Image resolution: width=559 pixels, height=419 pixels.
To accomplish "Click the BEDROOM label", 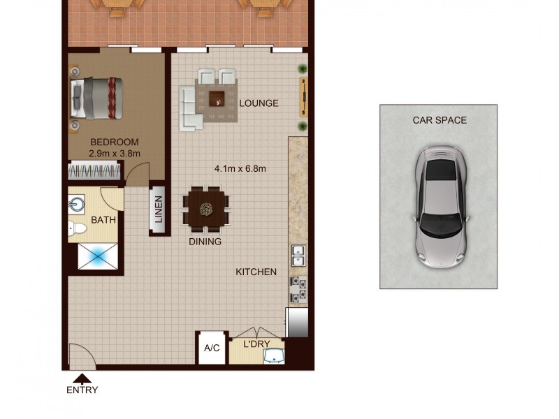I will (115, 142).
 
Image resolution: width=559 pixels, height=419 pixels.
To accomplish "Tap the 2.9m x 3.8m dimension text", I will (115, 153).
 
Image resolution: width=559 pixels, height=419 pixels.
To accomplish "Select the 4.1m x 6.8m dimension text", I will (240, 168).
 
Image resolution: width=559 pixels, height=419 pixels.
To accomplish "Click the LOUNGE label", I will (259, 103).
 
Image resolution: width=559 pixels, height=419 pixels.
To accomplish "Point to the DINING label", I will (205, 242).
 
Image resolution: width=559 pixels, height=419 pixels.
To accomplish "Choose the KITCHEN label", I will (256, 272).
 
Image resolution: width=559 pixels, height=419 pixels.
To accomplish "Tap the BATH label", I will (103, 220).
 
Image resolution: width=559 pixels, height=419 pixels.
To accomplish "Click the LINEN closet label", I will (158, 210).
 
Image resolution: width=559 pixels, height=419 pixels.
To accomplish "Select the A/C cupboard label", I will (212, 348).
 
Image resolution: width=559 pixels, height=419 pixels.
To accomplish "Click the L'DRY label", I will (256, 344).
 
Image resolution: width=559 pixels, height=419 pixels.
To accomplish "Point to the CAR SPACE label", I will (440, 120).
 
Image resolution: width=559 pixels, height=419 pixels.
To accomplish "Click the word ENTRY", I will (82, 390).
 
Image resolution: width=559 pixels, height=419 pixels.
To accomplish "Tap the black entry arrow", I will (82, 378).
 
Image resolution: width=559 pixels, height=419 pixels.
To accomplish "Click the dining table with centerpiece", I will (206, 208).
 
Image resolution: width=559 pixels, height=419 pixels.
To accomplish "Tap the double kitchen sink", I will (298, 256).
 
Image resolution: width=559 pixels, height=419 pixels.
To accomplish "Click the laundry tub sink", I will (275, 357).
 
